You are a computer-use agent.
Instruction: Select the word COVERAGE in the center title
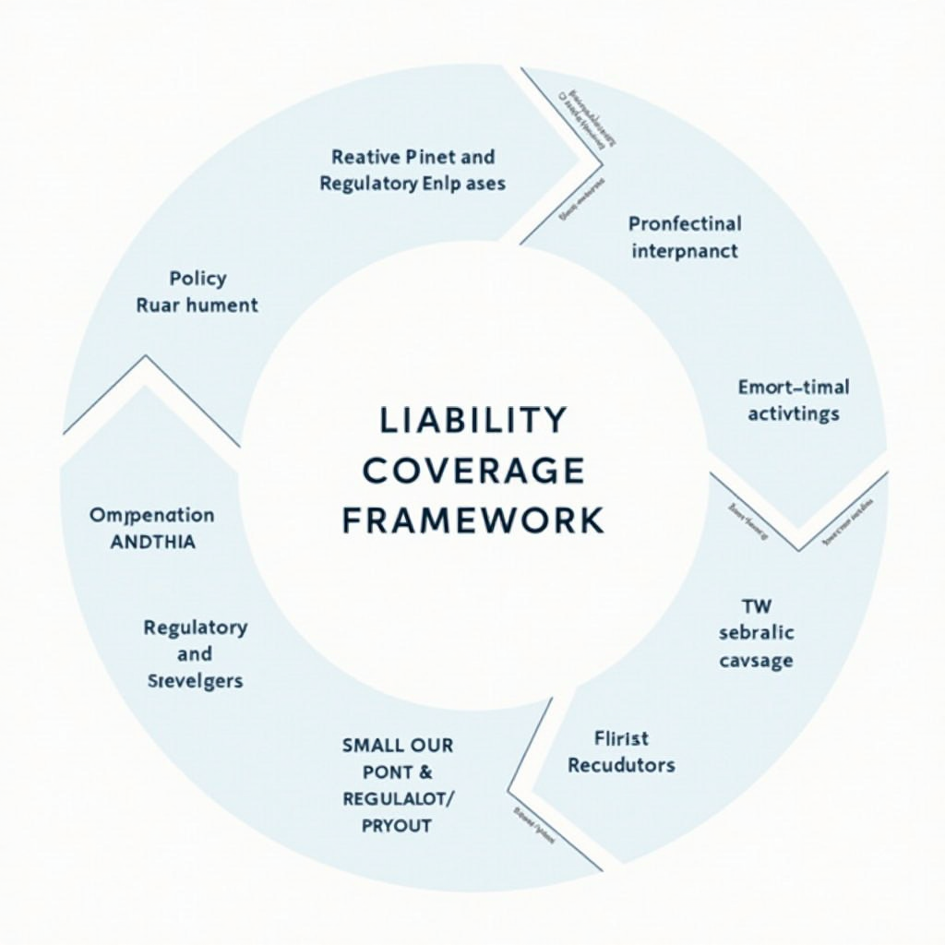click(472, 471)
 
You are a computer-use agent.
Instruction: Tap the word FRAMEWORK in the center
click(472, 520)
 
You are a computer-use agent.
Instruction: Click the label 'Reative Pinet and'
click(413, 157)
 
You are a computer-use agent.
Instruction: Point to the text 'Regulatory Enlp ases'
click(413, 184)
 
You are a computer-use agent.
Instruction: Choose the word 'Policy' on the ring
click(197, 278)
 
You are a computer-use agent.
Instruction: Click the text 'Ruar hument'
click(197, 305)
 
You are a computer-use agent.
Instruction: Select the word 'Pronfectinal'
click(685, 223)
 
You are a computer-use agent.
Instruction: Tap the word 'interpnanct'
click(685, 250)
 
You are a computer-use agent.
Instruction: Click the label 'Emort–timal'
click(794, 387)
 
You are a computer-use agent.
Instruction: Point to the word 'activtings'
click(794, 413)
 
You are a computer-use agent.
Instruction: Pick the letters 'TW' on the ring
click(756, 606)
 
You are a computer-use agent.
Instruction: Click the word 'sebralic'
click(756, 633)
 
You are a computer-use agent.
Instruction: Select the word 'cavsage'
click(756, 660)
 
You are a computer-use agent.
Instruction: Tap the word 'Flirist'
click(621, 738)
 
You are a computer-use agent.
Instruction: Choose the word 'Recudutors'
click(621, 765)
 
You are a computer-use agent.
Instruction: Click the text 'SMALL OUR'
click(398, 744)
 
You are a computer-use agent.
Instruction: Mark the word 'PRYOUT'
click(398, 825)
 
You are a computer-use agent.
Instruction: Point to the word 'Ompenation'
click(152, 515)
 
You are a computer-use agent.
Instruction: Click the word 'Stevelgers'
click(195, 681)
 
